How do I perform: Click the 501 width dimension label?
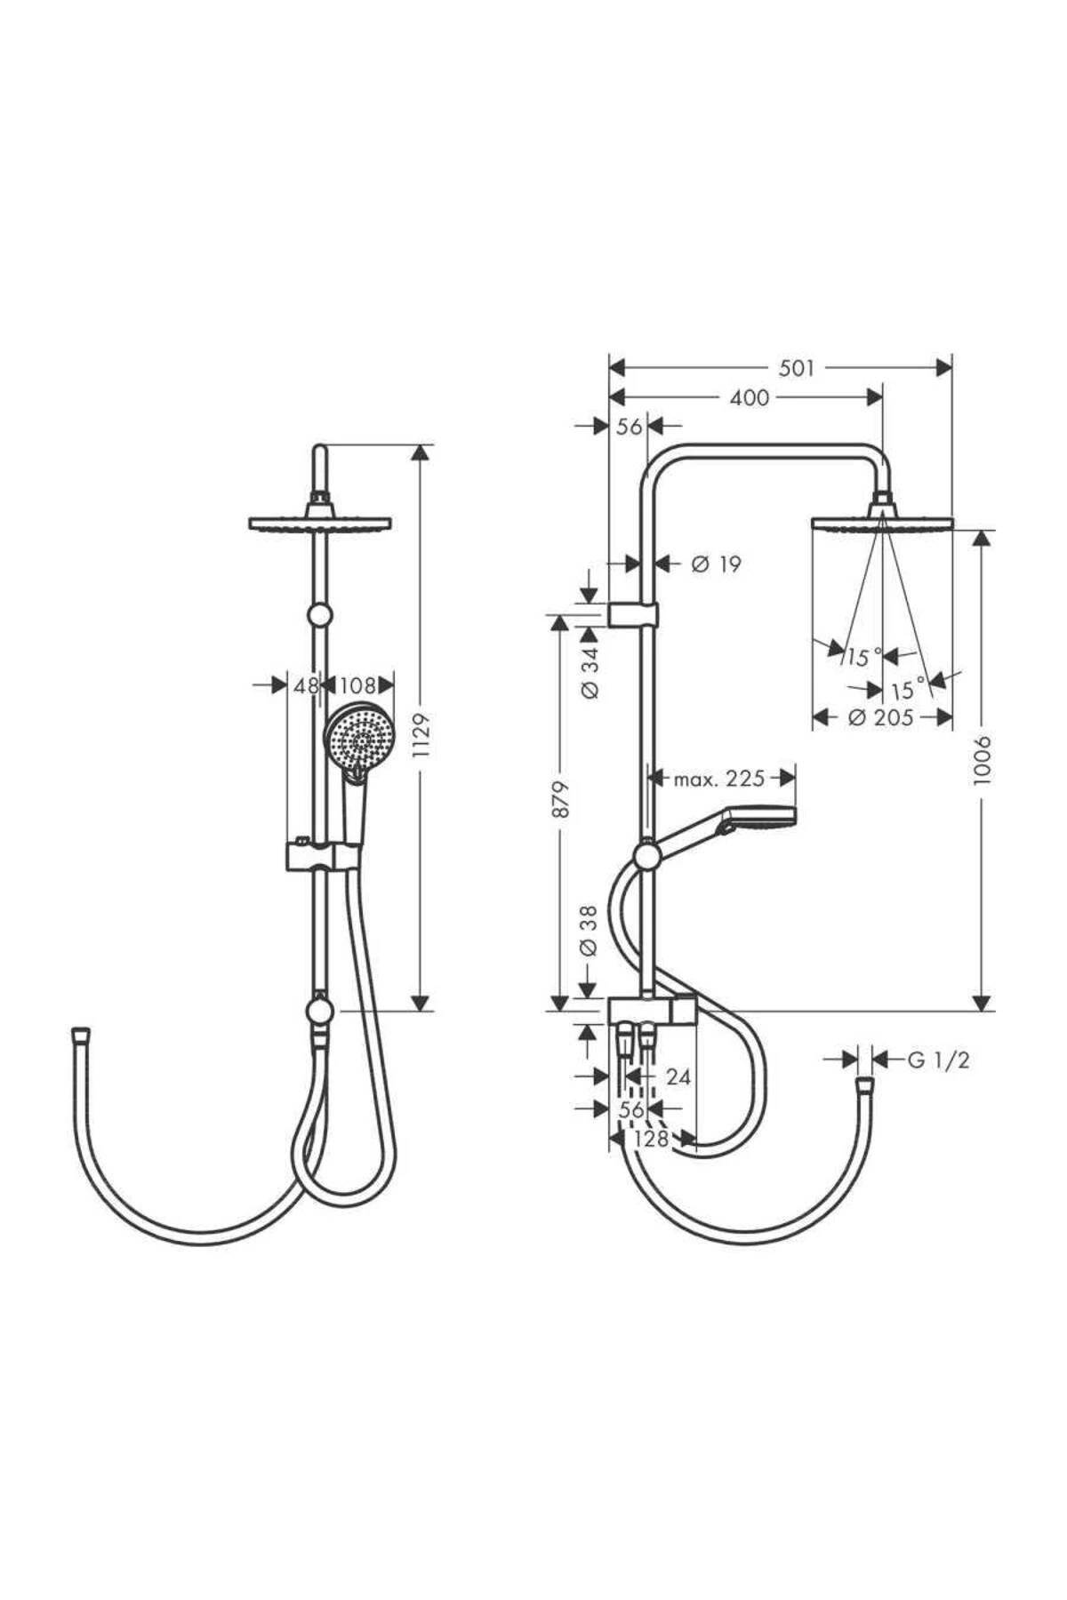coord(796,368)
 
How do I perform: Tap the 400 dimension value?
coord(749,397)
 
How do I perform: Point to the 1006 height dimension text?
coord(982,760)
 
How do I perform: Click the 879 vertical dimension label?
coord(560,800)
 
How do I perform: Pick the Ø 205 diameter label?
coord(880,717)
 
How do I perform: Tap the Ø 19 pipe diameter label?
coord(717,564)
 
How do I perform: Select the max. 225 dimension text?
coord(719,779)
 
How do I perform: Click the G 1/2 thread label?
coord(938,1060)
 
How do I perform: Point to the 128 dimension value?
coord(652,1139)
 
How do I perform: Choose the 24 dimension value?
coord(678,1077)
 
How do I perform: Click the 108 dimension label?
coord(358,685)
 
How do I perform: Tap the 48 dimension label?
coord(306,685)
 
